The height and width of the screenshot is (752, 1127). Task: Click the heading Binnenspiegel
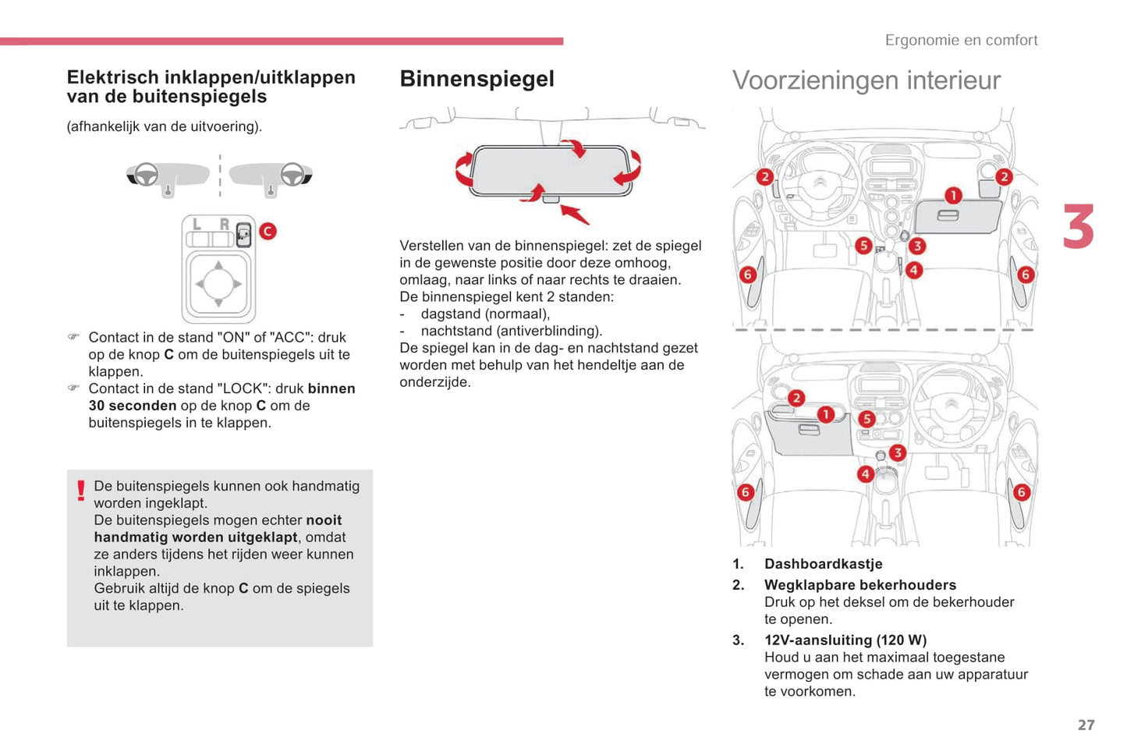click(x=477, y=79)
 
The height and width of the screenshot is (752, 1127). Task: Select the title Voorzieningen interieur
click(x=866, y=80)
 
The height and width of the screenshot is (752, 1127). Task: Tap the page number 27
click(x=1086, y=725)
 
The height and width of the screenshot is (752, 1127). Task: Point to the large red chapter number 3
click(x=1079, y=227)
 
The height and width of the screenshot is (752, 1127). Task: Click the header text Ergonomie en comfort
click(x=961, y=40)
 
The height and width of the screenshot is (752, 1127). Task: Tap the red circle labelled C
click(x=268, y=231)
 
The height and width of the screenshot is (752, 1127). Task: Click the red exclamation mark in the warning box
click(x=80, y=491)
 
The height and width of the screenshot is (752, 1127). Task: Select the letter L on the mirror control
click(x=197, y=225)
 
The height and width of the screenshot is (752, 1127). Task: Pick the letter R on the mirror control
click(x=224, y=225)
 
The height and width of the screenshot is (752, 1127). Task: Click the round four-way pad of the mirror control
click(x=218, y=283)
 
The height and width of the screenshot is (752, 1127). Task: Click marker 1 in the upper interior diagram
click(x=953, y=195)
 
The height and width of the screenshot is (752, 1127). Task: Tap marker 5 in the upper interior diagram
click(x=863, y=246)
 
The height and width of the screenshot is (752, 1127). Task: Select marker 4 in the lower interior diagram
click(x=865, y=474)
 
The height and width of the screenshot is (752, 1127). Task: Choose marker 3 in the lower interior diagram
click(x=898, y=452)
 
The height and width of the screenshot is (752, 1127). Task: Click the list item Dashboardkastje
click(x=823, y=564)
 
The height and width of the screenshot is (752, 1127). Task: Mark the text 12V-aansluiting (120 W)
click(x=845, y=640)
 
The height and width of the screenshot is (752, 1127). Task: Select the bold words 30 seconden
click(x=133, y=406)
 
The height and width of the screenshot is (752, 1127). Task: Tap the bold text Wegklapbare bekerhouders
click(x=859, y=585)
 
